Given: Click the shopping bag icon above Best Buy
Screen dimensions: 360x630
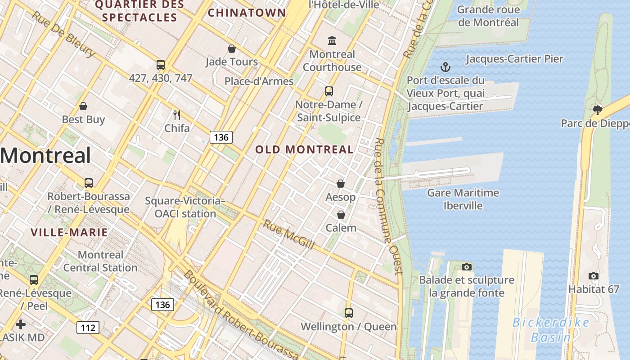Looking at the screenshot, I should [x=83, y=107].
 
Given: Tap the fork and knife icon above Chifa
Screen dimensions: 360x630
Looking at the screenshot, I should [x=177, y=115].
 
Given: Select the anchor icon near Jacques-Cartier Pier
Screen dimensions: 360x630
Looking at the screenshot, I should [x=445, y=67].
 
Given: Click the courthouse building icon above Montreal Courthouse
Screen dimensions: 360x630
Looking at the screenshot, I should [x=332, y=41].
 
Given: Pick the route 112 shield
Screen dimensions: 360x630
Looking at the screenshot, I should [x=87, y=328].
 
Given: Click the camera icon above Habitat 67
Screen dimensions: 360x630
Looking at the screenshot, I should [x=594, y=276].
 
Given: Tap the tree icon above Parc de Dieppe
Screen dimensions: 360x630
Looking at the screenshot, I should [x=597, y=110].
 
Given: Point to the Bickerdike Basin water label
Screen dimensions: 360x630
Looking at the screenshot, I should [x=551, y=329].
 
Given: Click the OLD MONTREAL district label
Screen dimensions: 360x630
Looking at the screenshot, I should [x=305, y=149].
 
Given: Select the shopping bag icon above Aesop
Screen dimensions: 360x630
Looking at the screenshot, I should [x=341, y=184].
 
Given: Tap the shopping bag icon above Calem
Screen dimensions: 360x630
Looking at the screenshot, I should [x=341, y=215].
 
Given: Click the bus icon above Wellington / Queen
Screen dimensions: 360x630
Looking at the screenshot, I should [x=348, y=313].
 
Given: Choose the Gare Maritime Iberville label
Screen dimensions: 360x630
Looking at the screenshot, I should [x=463, y=199].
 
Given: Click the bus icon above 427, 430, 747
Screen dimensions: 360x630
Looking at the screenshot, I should [x=161, y=65].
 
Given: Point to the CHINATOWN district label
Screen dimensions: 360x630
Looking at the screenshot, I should [x=247, y=13].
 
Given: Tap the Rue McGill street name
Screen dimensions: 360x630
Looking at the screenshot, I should [x=288, y=234].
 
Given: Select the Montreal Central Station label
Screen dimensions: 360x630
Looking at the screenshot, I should [x=100, y=261].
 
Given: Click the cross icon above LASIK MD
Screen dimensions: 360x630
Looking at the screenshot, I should [x=21, y=324].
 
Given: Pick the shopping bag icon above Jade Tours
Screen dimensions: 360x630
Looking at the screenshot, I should [x=232, y=49].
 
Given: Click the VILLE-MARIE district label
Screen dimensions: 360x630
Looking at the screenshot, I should [x=69, y=233].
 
